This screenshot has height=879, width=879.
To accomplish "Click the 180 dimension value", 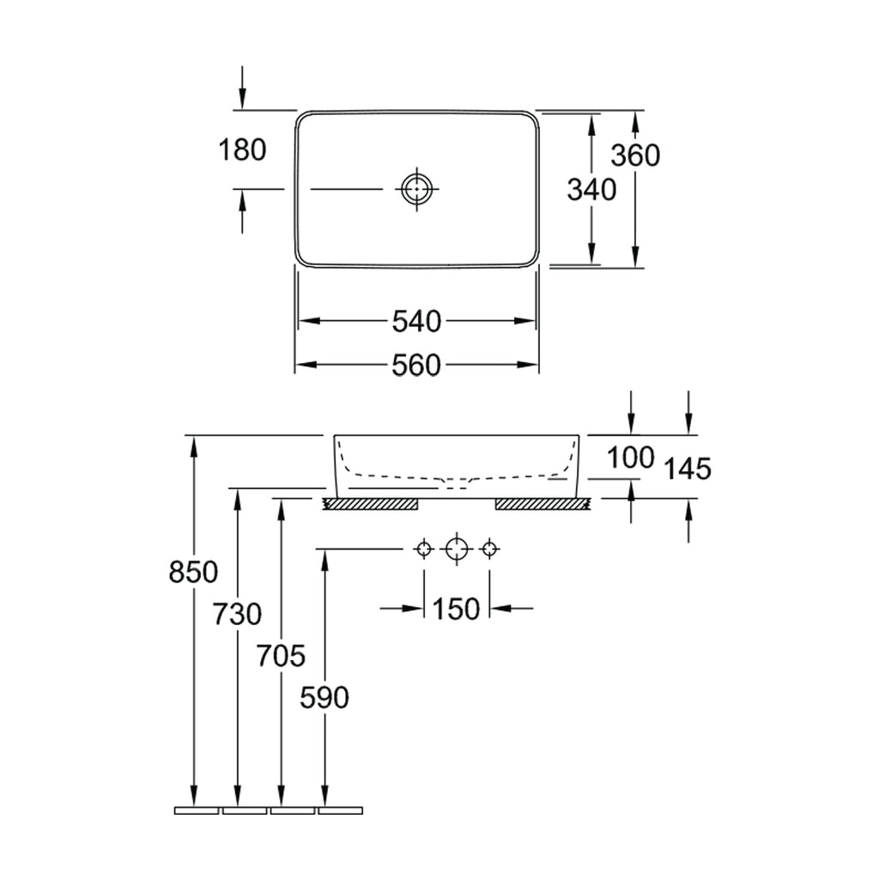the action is click(x=242, y=150).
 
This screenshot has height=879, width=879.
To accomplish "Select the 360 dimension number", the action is click(x=635, y=155).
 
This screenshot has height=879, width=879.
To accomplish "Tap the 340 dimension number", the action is click(x=591, y=190).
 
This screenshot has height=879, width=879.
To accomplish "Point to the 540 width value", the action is click(x=416, y=322).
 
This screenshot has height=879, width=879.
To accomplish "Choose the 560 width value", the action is click(x=416, y=366).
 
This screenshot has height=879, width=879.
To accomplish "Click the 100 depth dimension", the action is click(x=631, y=458).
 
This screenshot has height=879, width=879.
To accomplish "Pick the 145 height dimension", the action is click(x=688, y=469).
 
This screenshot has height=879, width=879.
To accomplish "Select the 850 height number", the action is click(x=193, y=573).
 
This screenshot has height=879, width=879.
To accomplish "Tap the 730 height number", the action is click(x=237, y=614).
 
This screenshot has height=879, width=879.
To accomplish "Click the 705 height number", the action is click(x=281, y=656).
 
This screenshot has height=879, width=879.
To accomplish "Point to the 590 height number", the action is click(x=324, y=698).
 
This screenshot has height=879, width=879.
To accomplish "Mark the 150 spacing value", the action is click(x=457, y=609).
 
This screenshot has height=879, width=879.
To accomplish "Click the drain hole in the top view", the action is click(x=417, y=188).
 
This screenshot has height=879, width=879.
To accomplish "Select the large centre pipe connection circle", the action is click(x=457, y=549).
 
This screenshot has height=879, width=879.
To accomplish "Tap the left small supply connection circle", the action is click(x=424, y=549).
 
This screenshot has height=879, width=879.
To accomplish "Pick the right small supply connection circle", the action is click(x=490, y=549).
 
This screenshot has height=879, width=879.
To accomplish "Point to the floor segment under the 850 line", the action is click(x=197, y=810).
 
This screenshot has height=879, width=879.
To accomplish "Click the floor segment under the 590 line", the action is click(x=340, y=810).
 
